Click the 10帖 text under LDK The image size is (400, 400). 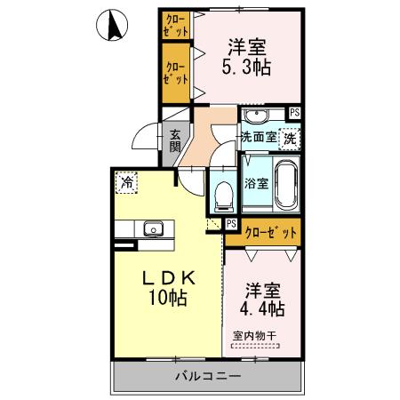[167, 300]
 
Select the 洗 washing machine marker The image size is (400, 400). [289, 139]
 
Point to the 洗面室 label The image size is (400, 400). [259, 138]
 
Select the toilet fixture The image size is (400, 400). [223, 192]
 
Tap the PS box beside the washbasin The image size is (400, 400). [294, 112]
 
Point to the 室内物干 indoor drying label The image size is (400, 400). [254, 336]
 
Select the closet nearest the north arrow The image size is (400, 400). [175, 23]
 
